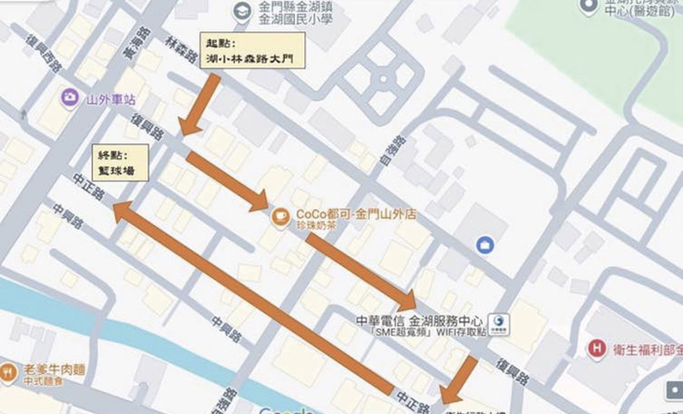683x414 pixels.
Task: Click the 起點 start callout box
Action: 252,52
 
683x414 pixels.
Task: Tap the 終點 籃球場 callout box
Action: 121,162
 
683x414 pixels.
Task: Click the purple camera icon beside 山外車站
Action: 69,97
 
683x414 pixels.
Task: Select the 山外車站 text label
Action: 109,98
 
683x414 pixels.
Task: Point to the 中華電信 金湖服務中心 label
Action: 421,319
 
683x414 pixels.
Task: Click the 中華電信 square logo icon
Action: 499,321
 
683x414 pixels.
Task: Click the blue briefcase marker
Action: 484,244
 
